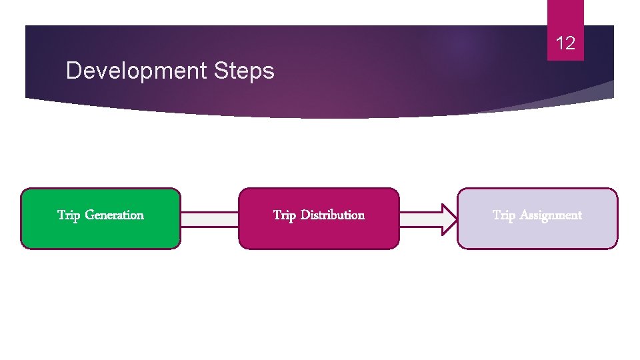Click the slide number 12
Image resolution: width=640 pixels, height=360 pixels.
tap(565, 44)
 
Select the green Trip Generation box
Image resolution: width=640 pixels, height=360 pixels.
tap(101, 233)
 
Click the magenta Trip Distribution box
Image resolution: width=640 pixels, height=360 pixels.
tap(319, 233)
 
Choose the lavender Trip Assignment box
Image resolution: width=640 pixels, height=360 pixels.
tap(537, 233)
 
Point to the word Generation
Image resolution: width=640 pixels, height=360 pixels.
tap(114, 215)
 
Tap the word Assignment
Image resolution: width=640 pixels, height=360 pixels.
tap(551, 215)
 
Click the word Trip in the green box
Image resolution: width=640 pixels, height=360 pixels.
tap(69, 215)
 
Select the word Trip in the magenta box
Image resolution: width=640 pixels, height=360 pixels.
tap(285, 215)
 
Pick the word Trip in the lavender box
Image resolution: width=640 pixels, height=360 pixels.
tap(503, 215)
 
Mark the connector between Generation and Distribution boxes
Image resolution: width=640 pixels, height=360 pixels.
tap(209, 219)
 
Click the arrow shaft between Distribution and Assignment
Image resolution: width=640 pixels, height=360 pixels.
tap(419, 219)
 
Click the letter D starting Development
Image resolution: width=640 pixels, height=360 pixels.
tap(73, 71)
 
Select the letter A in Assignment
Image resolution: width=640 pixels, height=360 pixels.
tap(523, 215)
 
